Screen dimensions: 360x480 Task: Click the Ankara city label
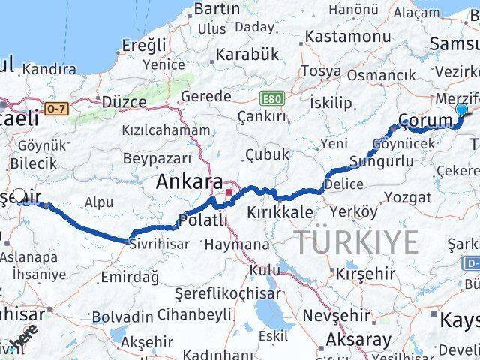tap(189, 182)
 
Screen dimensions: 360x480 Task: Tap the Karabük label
tap(247, 54)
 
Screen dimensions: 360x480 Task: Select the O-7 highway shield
tap(56, 109)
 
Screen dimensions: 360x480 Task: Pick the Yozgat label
tap(407, 198)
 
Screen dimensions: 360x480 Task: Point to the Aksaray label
tap(358, 340)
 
